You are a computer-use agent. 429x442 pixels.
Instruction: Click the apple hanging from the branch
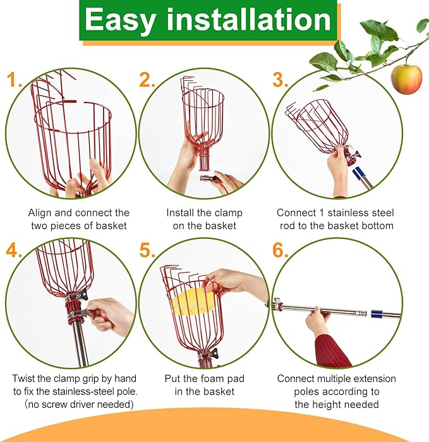click(406, 78)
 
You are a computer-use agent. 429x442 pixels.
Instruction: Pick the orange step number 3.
click(281, 80)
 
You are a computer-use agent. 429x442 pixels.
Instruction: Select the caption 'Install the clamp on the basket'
click(204, 219)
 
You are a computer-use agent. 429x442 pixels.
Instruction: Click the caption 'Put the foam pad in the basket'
click(204, 385)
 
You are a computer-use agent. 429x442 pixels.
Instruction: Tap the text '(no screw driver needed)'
click(74, 404)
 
